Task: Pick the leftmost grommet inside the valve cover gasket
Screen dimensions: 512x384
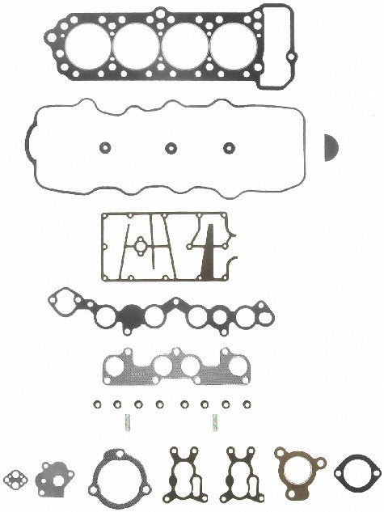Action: (x=103, y=148)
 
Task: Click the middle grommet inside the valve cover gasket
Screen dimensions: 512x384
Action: (x=171, y=148)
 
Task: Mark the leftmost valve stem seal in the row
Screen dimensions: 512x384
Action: (x=96, y=404)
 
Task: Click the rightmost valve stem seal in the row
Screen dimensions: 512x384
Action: (x=243, y=404)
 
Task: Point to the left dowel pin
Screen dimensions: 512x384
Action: (x=127, y=421)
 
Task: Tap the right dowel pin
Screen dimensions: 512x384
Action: (x=214, y=421)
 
